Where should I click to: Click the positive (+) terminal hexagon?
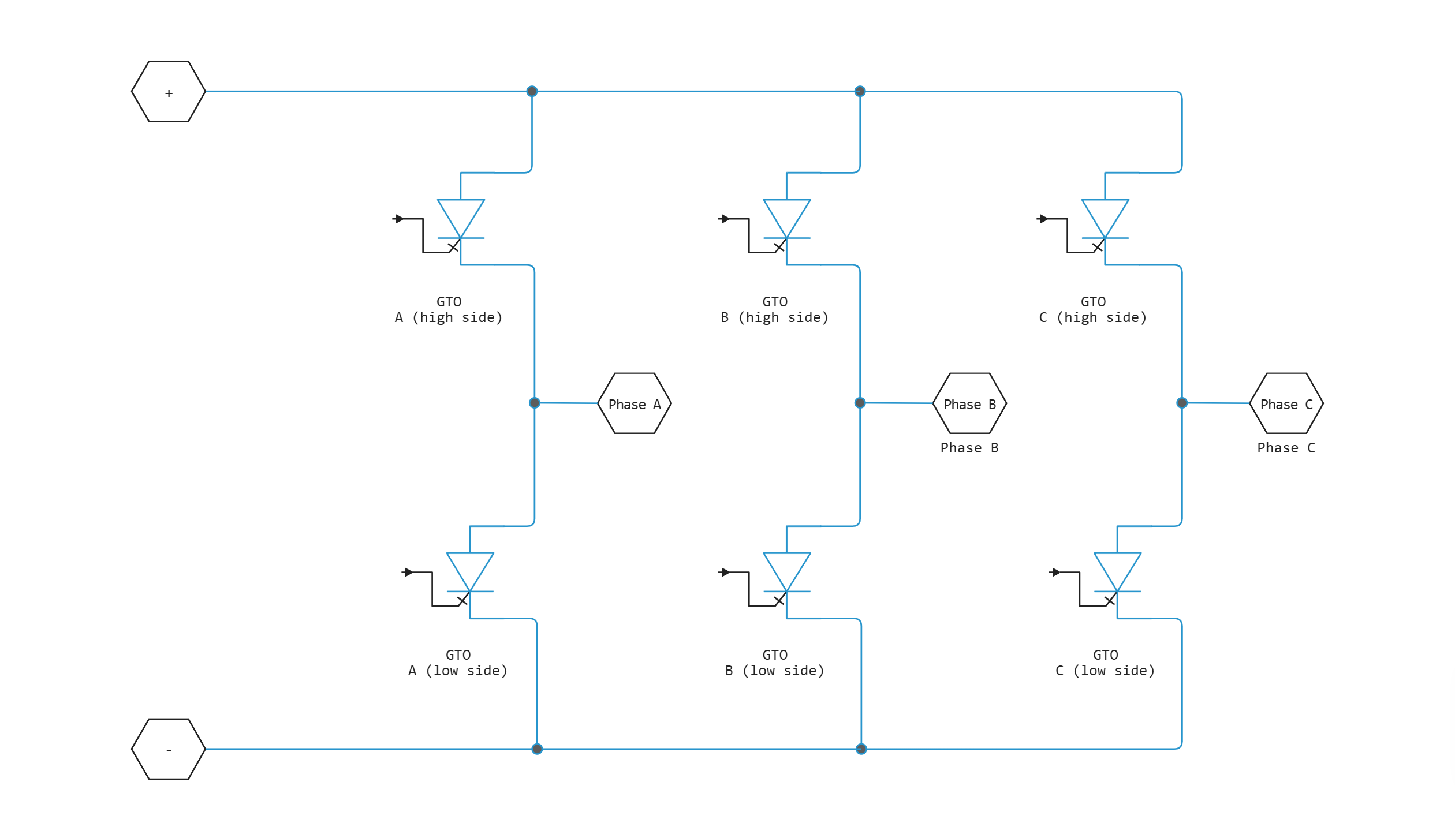click(169, 92)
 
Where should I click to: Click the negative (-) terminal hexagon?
click(169, 749)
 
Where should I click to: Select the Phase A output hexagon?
click(634, 403)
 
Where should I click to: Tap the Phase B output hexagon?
click(969, 403)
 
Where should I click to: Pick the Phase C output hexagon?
click(1286, 403)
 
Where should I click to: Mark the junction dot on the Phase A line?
click(535, 403)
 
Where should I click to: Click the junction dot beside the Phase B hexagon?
click(860, 403)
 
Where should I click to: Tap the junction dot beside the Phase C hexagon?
click(1182, 403)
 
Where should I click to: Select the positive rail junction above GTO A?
click(532, 91)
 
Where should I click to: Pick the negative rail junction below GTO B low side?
click(861, 749)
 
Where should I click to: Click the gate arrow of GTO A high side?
click(399, 219)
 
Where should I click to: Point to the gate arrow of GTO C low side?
click(1055, 573)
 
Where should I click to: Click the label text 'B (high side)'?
click(775, 317)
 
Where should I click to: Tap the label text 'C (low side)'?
click(1105, 671)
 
